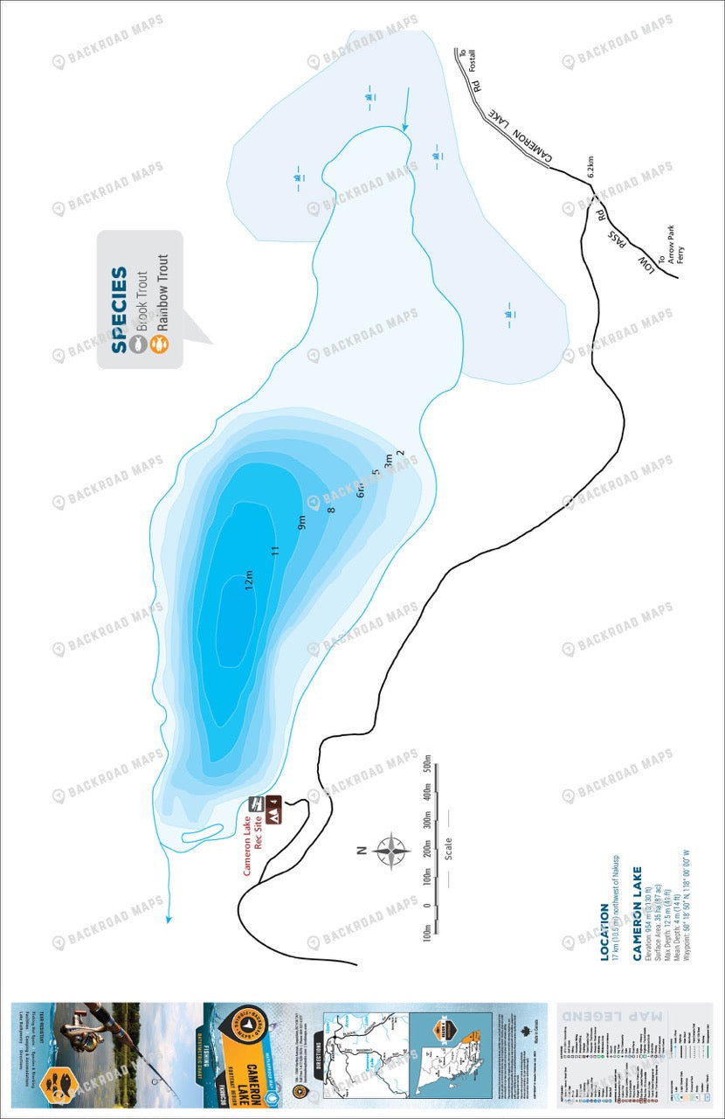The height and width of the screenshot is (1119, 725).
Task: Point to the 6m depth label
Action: pyautogui.click(x=360, y=490)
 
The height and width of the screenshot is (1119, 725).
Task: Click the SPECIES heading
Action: pyautogui.click(x=120, y=310)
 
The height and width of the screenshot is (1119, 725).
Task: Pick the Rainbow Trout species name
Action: pyautogui.click(x=161, y=293)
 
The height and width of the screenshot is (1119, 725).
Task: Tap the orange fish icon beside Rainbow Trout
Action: pyautogui.click(x=158, y=343)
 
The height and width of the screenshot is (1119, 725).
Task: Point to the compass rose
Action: pyautogui.click(x=392, y=848)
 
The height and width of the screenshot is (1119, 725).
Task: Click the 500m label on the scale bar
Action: pyautogui.click(x=427, y=769)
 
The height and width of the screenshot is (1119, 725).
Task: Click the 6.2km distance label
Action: pyautogui.click(x=590, y=167)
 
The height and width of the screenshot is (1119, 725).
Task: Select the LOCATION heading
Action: pyautogui.click(x=604, y=932)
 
